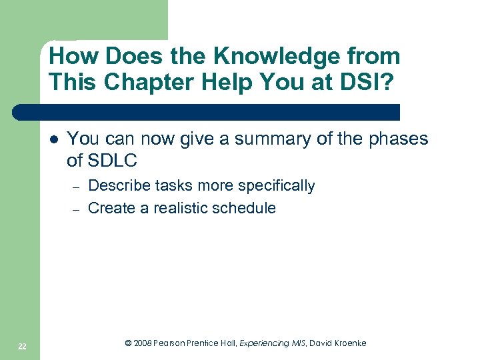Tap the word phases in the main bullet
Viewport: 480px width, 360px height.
pyautogui.click(x=398, y=139)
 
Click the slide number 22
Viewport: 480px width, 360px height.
pyautogui.click(x=22, y=345)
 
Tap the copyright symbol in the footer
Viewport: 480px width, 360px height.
pyautogui.click(x=129, y=343)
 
